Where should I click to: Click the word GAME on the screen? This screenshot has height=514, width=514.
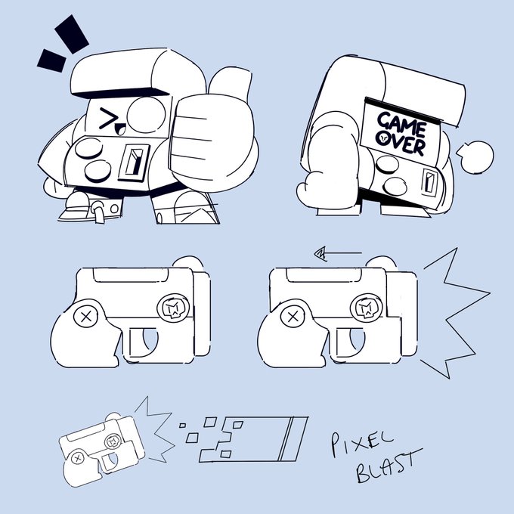point(402,124)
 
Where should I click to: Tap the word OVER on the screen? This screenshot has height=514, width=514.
point(401,143)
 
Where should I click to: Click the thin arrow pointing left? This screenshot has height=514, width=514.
point(338,253)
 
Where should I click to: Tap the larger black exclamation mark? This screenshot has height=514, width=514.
point(72,34)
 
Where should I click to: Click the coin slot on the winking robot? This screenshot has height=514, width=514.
point(134,163)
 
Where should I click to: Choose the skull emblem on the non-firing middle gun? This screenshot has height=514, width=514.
point(174,308)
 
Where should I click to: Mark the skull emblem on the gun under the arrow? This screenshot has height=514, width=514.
point(367,308)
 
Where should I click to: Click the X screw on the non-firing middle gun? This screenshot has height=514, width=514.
point(86,317)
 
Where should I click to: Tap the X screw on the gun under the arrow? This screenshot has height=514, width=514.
point(293,317)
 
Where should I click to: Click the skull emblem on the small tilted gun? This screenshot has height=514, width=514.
point(113,441)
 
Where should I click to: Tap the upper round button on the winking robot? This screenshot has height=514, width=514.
point(89,148)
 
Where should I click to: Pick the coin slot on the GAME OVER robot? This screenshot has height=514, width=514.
point(429,183)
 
